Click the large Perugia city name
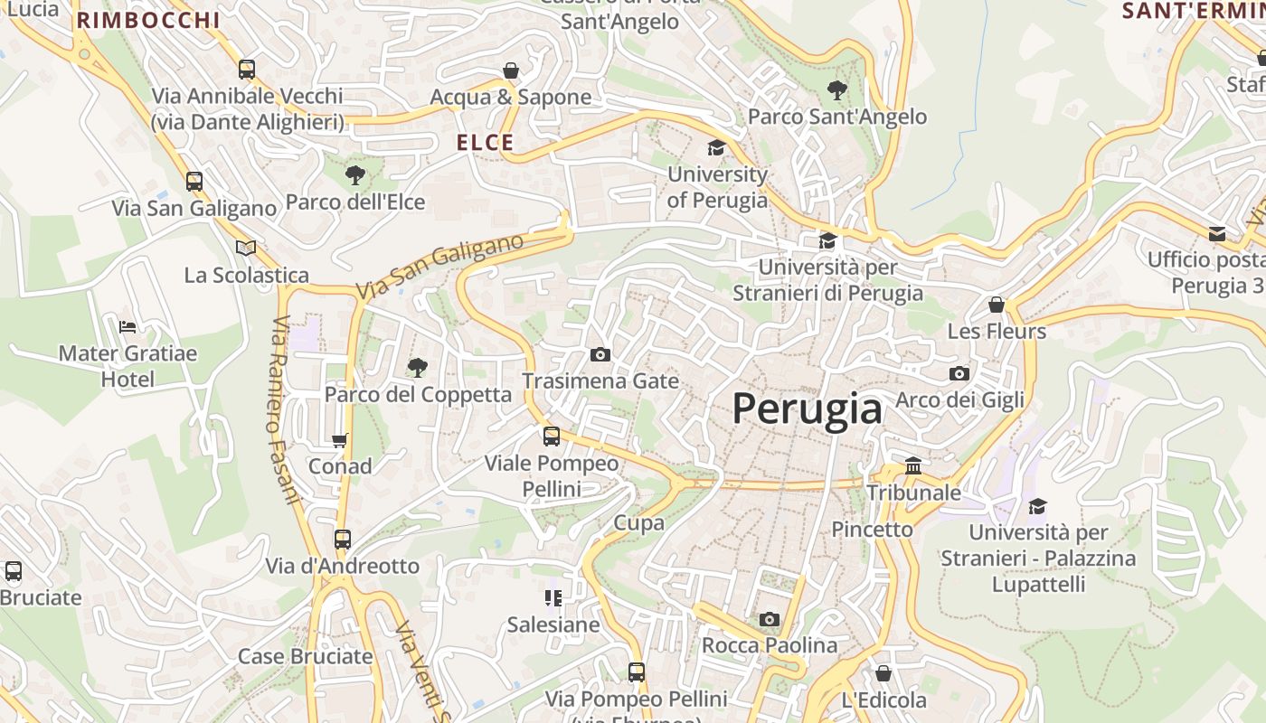(x=807, y=409)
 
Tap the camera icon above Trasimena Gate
(x=600, y=354)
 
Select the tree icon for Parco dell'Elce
(x=355, y=174)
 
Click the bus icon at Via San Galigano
(x=194, y=181)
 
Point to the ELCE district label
(x=485, y=143)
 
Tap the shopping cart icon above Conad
(x=340, y=441)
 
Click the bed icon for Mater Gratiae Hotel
(x=128, y=326)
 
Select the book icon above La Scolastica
(x=245, y=248)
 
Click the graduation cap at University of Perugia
(x=716, y=147)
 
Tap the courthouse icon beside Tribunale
(x=913, y=466)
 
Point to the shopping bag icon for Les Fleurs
(x=997, y=305)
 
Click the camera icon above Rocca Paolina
(x=770, y=619)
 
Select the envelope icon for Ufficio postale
(x=1217, y=234)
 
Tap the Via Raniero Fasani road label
(x=284, y=410)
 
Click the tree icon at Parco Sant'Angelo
(x=837, y=89)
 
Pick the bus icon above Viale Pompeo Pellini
(x=552, y=437)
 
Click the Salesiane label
(x=553, y=624)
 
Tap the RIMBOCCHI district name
(x=148, y=20)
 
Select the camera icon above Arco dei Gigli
(x=959, y=373)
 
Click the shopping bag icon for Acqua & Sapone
(x=511, y=70)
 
